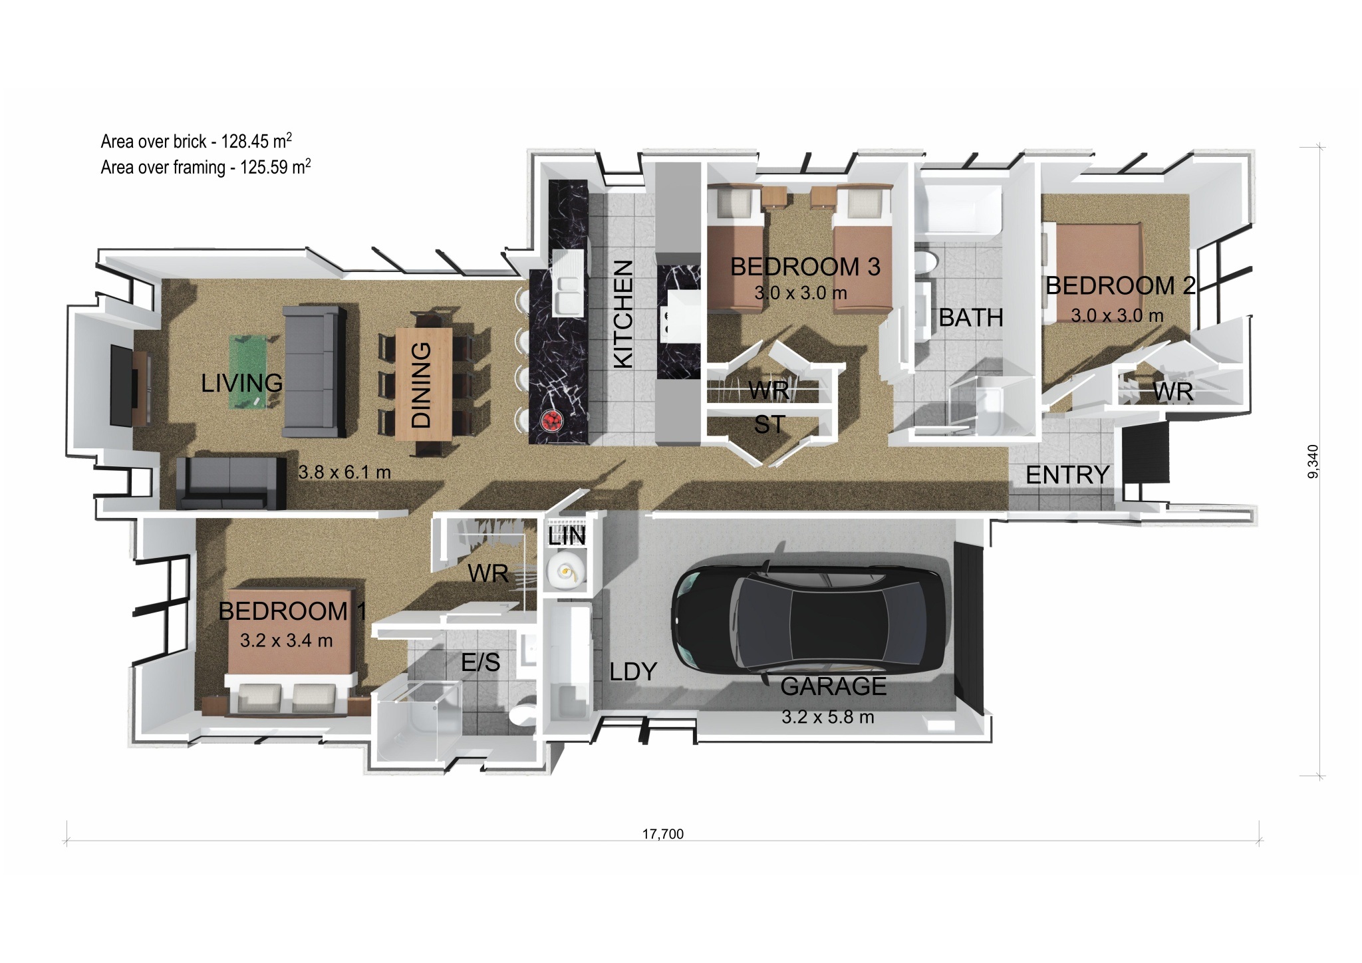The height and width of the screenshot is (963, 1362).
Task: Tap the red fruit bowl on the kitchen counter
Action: click(552, 420)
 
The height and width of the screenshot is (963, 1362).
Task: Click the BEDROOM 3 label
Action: click(805, 267)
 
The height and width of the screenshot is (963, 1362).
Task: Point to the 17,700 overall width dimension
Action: click(662, 834)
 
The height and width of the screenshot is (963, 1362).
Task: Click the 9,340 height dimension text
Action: click(1311, 462)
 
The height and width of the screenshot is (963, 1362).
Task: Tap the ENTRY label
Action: click(1067, 475)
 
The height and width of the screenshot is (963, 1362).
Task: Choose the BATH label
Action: click(971, 318)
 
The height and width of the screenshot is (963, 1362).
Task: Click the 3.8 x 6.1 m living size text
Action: click(344, 472)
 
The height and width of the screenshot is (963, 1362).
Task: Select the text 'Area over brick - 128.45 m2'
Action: click(196, 140)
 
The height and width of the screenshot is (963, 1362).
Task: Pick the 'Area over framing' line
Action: click(205, 166)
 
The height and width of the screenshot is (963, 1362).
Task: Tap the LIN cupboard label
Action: click(567, 536)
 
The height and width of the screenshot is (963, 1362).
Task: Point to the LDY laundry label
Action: click(633, 672)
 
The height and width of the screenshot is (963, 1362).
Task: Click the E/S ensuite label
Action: click(481, 662)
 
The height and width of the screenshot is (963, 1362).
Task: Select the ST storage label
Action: click(769, 424)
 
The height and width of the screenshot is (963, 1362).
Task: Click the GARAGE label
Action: click(833, 686)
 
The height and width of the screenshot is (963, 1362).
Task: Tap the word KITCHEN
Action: click(622, 314)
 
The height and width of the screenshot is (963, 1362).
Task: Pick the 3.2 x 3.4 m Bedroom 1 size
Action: click(286, 640)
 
